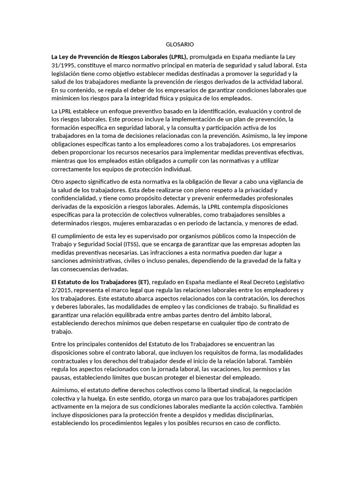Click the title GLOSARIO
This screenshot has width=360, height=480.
click(180, 44)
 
